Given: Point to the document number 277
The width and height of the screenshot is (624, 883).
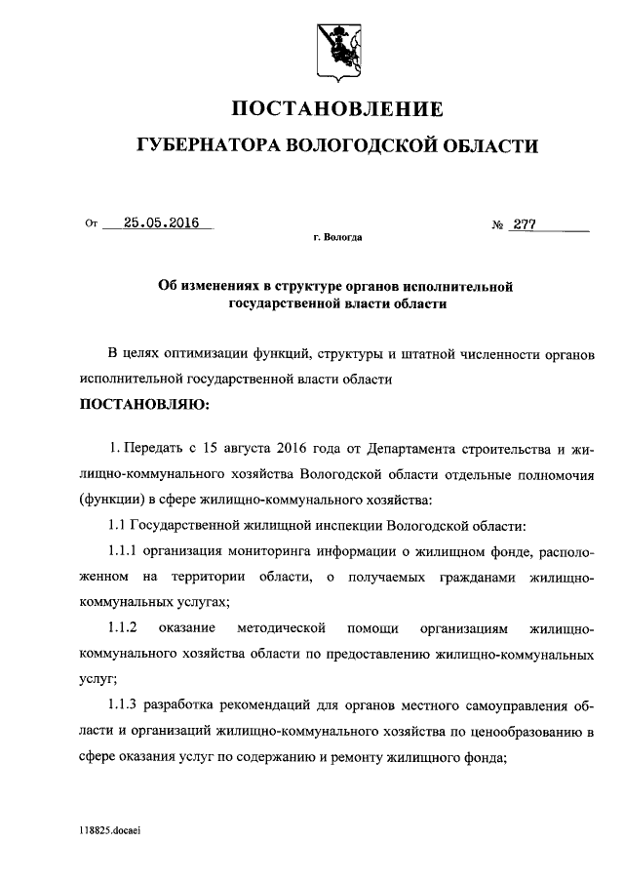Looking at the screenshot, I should coord(526,223).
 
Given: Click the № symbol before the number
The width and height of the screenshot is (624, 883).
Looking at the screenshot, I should coord(497,224).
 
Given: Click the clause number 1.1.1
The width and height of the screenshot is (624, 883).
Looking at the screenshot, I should coord(127,552).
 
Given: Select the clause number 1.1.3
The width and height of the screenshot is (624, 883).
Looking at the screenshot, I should coord(127,705).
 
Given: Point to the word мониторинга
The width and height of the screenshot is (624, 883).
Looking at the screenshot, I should coord(303,552).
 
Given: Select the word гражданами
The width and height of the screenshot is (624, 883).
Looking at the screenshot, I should coord(466,578).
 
